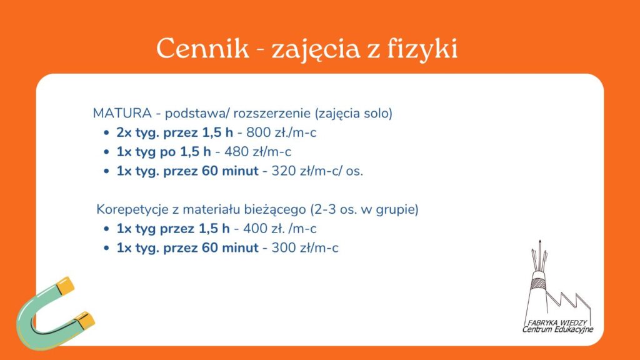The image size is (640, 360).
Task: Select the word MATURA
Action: [122, 114]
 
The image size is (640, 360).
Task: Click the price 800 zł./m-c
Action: [286, 132]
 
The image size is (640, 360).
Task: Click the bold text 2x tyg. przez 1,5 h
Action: [177, 132]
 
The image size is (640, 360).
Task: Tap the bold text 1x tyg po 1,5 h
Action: [164, 152]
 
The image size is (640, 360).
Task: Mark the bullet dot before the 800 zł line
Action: [107, 133]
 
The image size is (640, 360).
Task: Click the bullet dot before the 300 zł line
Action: [107, 248]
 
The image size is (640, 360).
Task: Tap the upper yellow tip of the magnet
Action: [64, 287]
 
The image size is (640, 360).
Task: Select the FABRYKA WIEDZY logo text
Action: [557, 322]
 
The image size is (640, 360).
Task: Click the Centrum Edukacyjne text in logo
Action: [557, 330]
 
